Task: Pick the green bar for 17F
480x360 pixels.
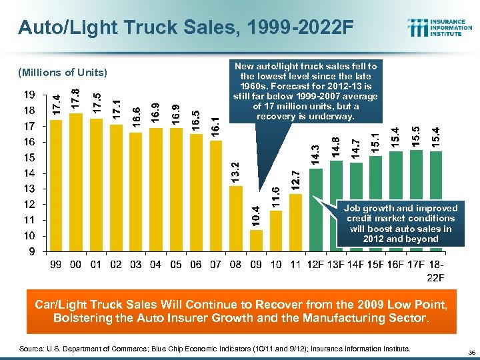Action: (416, 201)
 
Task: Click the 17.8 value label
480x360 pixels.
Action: (76, 100)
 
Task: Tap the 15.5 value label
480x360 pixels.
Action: (416, 137)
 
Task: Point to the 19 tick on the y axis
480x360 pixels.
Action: (30, 94)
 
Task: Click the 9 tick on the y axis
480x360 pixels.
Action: (33, 251)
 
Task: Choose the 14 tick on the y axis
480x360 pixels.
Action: (30, 173)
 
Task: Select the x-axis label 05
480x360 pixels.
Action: (175, 265)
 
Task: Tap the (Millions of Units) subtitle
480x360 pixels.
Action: (63, 72)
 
